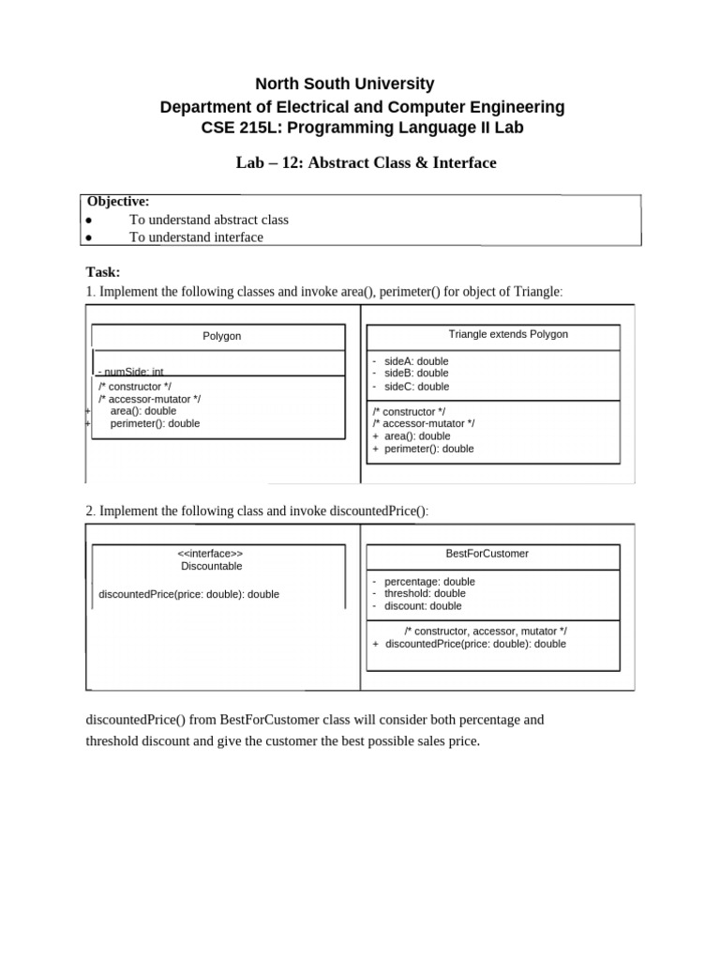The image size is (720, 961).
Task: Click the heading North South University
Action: pos(345,84)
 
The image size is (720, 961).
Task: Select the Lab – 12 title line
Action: pos(366,162)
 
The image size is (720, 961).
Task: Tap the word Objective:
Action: pos(118,201)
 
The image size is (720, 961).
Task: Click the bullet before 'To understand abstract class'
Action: pos(88,220)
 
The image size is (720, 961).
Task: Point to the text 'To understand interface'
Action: pos(196,237)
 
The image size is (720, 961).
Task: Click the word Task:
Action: pos(103,272)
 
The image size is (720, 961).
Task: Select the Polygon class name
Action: pos(222,336)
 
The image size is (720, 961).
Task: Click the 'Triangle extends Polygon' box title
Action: pos(508,334)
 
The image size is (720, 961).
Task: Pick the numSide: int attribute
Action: pos(131,372)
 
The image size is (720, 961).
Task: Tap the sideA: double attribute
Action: pos(416,361)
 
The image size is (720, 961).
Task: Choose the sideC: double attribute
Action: pos(416,386)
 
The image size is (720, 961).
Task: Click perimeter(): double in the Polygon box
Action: pos(155,423)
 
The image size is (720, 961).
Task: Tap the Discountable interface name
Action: pos(211,566)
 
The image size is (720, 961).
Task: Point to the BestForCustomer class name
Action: pos(487,554)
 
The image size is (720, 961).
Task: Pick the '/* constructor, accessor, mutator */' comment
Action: pos(486,632)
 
